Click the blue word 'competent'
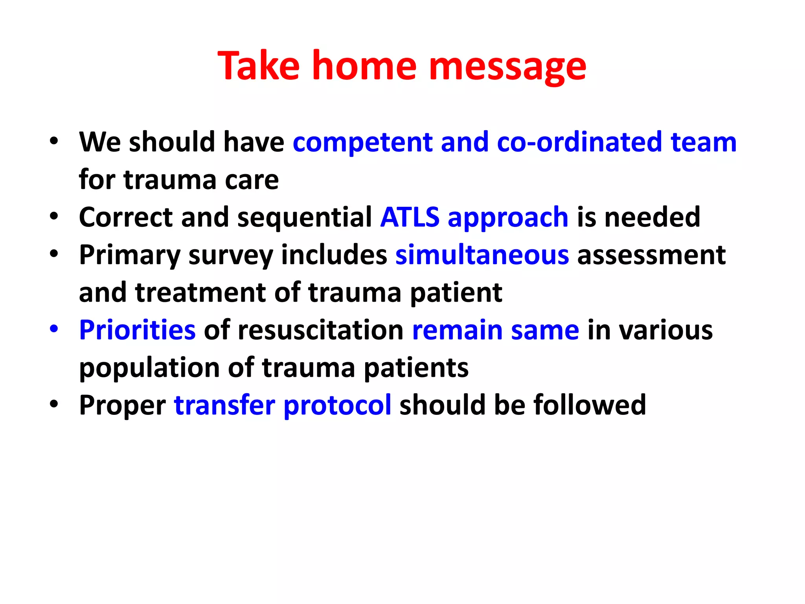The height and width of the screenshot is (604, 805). (362, 142)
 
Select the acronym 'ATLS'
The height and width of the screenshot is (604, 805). (410, 217)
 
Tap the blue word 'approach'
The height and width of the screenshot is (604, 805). (508, 218)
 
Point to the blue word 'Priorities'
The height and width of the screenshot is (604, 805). (137, 330)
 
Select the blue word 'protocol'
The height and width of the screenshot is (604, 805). (337, 405)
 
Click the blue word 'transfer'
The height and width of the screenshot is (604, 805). (224, 405)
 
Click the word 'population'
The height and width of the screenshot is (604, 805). (149, 368)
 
